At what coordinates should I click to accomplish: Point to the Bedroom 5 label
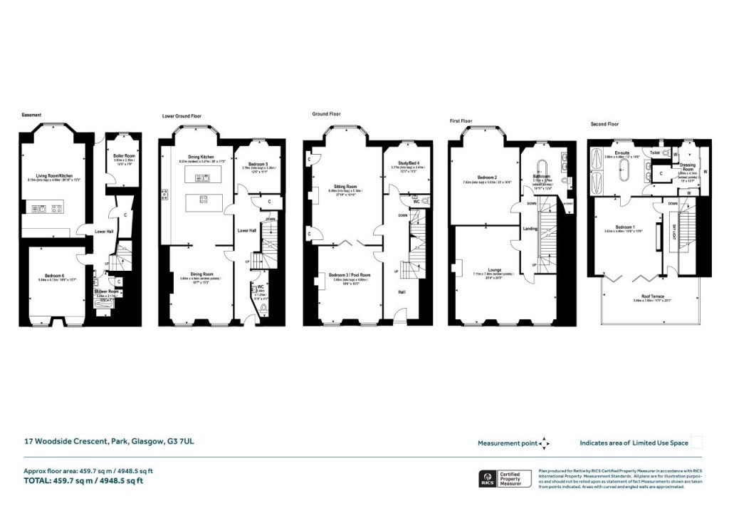[254, 164]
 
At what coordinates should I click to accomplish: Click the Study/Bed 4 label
[403, 163]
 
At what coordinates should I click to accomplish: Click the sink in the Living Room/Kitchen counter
[42, 209]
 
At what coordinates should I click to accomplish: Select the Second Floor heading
[605, 123]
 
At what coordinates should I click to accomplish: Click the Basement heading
[31, 114]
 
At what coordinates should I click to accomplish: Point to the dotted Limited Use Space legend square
[697, 443]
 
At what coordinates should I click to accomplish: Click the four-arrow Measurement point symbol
[544, 443]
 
